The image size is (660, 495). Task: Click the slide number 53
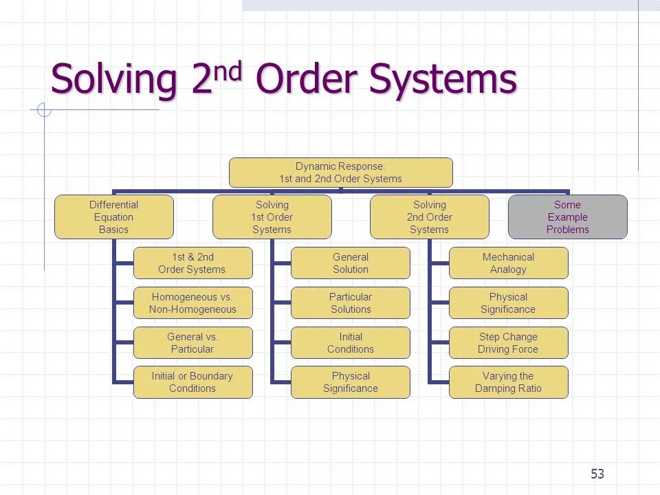pos(597,474)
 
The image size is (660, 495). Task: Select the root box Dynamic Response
pos(340,173)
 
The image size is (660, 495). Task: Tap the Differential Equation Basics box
pos(113,217)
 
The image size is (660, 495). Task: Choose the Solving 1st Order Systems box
pos(272,217)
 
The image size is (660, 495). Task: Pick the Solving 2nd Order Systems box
pos(429,217)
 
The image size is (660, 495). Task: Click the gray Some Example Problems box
pos(567,217)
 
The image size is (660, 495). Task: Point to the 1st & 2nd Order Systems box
pos(192,263)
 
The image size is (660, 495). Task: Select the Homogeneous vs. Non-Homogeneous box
pos(192,303)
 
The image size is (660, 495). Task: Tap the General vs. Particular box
pos(192,343)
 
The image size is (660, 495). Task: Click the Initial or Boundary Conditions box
pos(192,382)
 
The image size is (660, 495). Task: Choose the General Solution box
pos(350,263)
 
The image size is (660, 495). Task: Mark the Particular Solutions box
pos(350,303)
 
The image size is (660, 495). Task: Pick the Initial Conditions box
pos(350,343)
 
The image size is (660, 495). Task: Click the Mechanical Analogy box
pos(508,263)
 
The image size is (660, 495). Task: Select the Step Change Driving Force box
pos(508,343)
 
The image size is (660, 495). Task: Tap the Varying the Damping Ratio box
pos(508,382)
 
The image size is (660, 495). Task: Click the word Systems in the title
pos(443,80)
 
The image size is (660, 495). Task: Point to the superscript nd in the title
pos(228,71)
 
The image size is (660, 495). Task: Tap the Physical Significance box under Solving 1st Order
pos(350,382)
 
